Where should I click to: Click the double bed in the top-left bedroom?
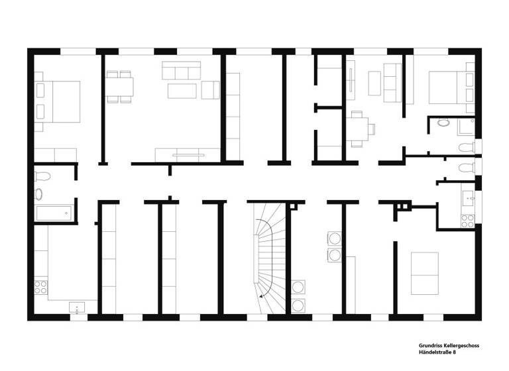point(60,102)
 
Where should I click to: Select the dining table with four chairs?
point(120,87)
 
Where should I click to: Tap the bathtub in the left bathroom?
point(53,213)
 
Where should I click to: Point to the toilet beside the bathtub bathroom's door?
point(42,176)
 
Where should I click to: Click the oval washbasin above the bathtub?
point(39,194)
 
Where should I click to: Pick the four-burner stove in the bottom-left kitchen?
point(40,288)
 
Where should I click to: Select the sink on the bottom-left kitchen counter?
point(78,307)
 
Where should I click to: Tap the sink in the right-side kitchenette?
point(469,196)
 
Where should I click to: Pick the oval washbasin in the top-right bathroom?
point(443,123)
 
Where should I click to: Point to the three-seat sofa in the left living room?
point(182,70)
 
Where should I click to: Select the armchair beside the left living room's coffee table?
point(211,89)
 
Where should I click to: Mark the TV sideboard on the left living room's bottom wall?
point(188,154)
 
